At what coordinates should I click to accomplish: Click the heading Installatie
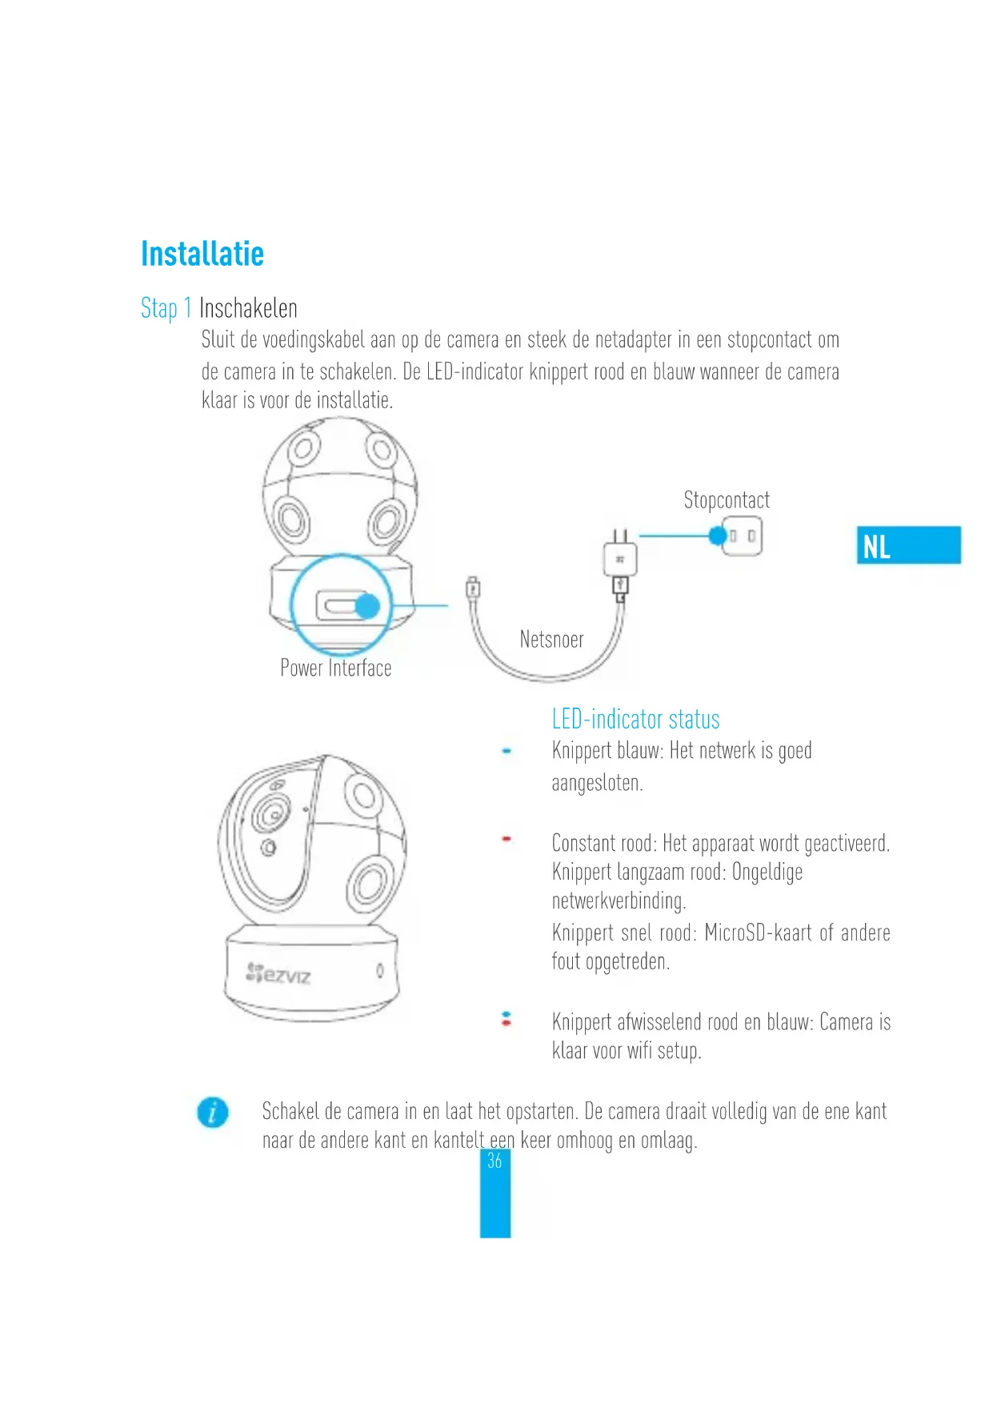point(202,254)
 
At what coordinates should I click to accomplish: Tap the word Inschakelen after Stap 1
point(248,308)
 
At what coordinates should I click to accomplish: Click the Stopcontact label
point(727,500)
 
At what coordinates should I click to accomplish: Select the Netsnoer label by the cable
point(551,640)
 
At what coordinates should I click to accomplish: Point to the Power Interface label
point(335,668)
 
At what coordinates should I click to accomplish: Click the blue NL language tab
point(908,546)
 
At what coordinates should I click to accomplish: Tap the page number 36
point(494,1161)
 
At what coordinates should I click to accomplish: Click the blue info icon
point(213,1113)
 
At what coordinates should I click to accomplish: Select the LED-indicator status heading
point(635,719)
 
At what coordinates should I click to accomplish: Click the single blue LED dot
point(507,751)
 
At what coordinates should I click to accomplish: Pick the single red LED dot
point(507,839)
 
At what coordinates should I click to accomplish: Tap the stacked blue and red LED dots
point(506,1019)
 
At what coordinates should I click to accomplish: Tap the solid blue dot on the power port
point(367,606)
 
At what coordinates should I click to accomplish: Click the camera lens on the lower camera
point(270,815)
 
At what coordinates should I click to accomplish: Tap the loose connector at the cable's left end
point(473,590)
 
